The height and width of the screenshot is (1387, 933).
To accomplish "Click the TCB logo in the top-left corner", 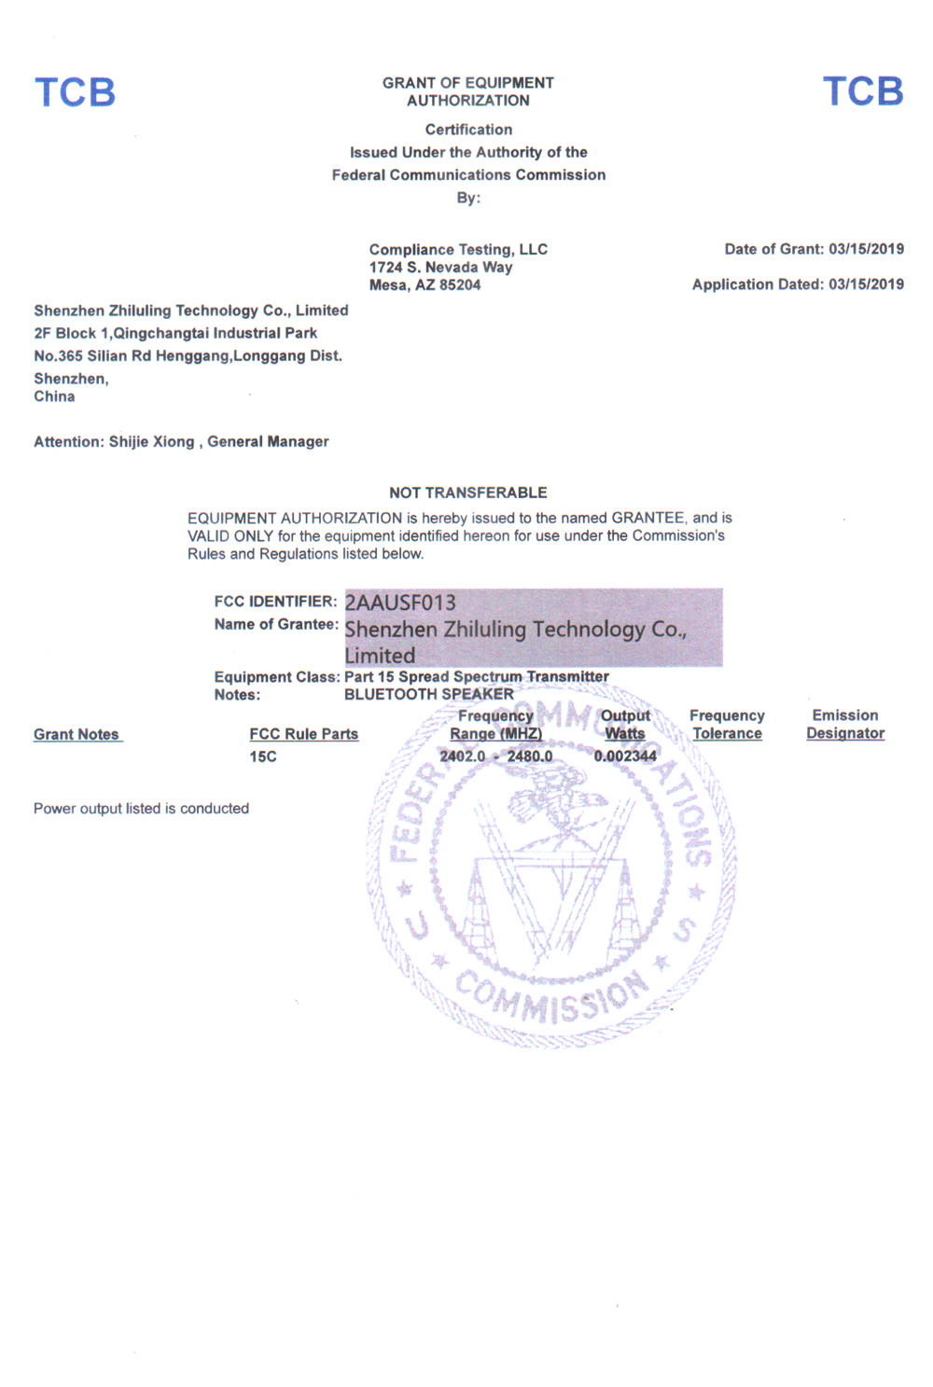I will point(75,92).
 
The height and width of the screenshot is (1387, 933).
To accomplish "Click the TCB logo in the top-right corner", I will point(863,91).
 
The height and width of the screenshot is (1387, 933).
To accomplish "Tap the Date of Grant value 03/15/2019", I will point(866,249).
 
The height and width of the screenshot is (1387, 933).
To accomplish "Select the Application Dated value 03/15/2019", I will point(866,284).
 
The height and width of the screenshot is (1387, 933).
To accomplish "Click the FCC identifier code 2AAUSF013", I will point(400,603).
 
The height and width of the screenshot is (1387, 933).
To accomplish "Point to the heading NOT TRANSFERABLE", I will point(468,492).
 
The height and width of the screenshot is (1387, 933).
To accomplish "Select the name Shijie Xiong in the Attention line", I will point(152,442).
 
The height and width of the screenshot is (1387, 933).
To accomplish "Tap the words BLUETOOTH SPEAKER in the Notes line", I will point(429,695).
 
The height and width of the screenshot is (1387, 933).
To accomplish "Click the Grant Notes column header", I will point(77,735).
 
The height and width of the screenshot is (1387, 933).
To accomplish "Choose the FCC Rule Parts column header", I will point(304,735).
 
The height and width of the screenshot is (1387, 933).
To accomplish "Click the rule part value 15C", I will point(263,757).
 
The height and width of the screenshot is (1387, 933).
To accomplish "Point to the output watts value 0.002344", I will point(625,756).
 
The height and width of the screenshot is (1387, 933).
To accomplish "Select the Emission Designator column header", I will point(845,725).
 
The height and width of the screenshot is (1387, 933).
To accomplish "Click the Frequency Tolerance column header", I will point(727,725).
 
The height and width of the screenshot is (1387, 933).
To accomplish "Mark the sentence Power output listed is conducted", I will point(142,809).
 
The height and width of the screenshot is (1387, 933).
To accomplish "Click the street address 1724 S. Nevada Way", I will point(440,268).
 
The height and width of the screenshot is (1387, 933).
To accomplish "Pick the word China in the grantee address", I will point(54,396).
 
